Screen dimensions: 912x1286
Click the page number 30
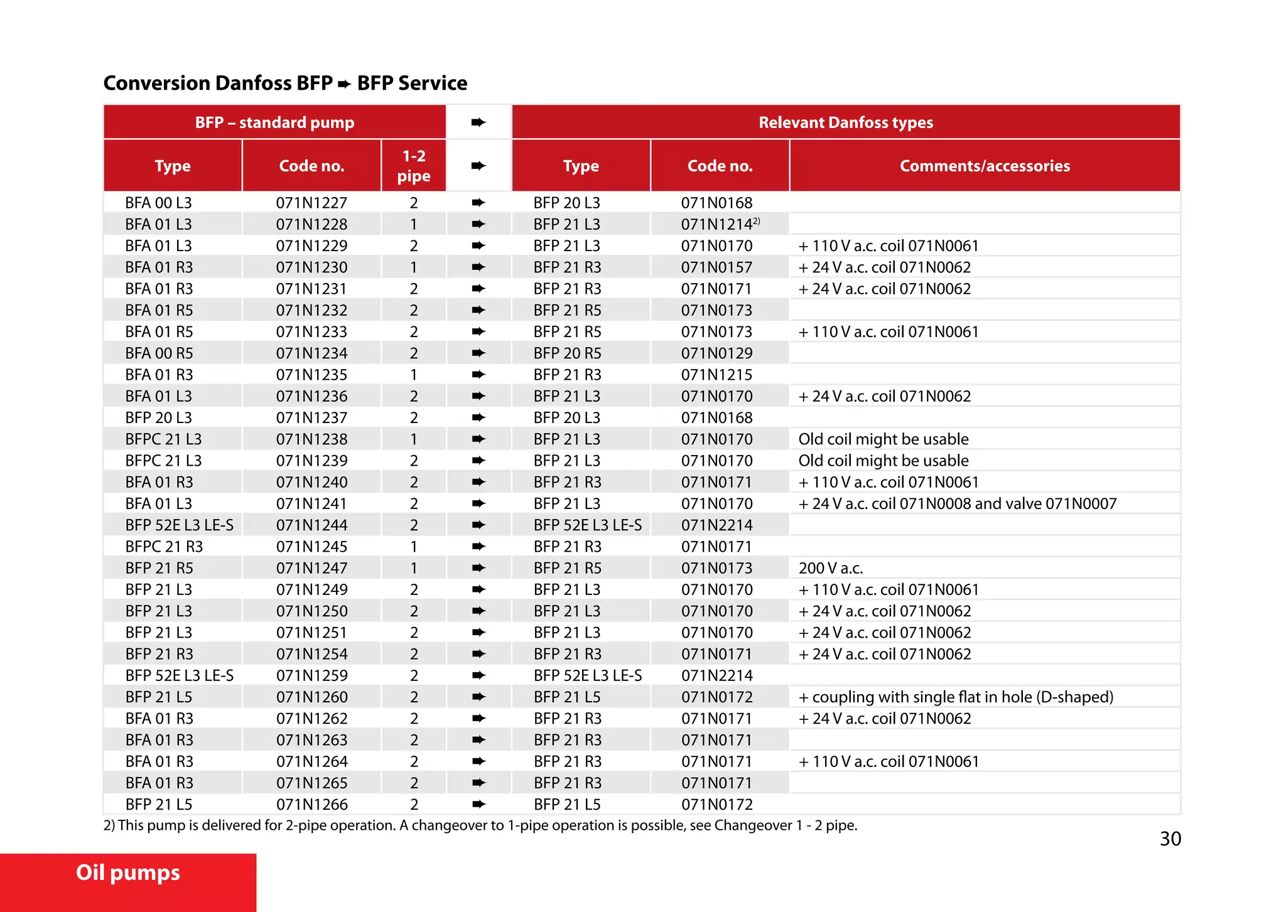(x=1170, y=839)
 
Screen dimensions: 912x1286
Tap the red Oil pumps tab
(x=128, y=873)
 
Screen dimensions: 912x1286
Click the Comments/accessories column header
(x=985, y=166)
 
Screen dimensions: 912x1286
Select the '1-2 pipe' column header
(x=414, y=166)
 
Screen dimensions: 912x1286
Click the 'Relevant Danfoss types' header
(x=845, y=122)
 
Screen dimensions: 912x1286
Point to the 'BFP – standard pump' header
(x=274, y=122)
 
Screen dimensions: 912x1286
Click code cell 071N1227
(x=311, y=203)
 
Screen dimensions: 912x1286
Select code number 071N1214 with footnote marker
(x=720, y=224)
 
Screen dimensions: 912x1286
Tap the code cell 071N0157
(x=716, y=267)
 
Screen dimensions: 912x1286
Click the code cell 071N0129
(x=716, y=353)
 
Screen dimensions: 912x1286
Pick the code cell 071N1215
(x=716, y=375)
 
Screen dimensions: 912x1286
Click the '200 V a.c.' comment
(x=830, y=568)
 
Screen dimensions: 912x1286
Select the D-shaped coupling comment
(x=956, y=697)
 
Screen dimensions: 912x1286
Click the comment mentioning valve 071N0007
(x=957, y=503)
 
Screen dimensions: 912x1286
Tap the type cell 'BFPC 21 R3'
(x=164, y=547)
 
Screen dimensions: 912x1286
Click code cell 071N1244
(x=311, y=525)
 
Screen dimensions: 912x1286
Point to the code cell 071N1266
(x=311, y=804)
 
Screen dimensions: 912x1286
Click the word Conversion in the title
(x=156, y=83)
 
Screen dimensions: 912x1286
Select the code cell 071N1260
(x=311, y=697)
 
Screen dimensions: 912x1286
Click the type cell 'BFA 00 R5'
(x=159, y=353)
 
